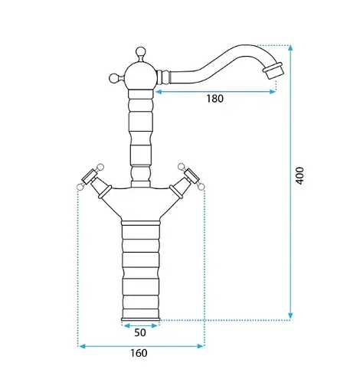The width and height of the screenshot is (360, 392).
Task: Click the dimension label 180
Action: click(x=214, y=99)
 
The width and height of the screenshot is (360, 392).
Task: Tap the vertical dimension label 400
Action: click(x=299, y=175)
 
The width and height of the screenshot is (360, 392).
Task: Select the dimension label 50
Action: click(x=140, y=332)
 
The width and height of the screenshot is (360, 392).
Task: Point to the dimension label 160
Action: click(x=139, y=353)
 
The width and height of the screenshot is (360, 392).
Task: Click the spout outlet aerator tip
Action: click(x=273, y=70)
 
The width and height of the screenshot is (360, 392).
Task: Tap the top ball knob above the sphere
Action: click(x=140, y=51)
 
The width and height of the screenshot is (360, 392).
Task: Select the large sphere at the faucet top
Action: click(x=141, y=76)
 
